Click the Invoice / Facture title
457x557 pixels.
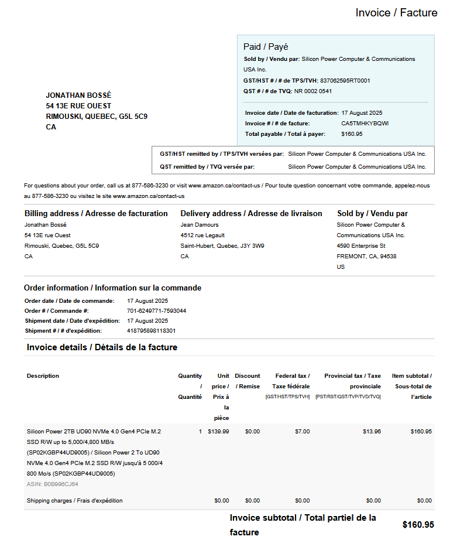396,13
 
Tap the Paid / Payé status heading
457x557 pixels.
266,47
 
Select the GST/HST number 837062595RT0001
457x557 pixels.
345,80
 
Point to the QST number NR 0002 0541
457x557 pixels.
313,91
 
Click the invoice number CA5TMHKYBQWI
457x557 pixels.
365,124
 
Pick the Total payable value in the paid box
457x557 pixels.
352,134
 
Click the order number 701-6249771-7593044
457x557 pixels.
156,311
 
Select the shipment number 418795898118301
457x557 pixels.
151,331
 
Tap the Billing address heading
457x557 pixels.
96,214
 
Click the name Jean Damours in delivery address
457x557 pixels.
200,225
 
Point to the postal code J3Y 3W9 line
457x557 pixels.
222,246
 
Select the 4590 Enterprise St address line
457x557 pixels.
360,246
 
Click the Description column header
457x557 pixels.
43,376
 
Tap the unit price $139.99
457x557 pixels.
218,432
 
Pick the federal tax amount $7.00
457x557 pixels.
302,432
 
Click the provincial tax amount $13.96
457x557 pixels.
372,432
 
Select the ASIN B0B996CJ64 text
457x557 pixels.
52,484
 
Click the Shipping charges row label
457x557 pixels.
74,501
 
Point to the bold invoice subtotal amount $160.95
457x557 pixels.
418,525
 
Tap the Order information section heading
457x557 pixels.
112,288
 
